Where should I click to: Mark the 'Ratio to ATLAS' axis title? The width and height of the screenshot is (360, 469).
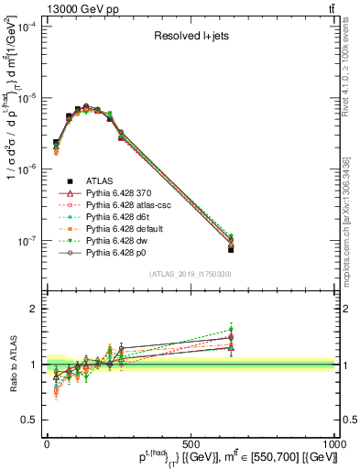(x=11, y=364)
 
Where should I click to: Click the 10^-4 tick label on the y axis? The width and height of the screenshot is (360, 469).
(x=26, y=27)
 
